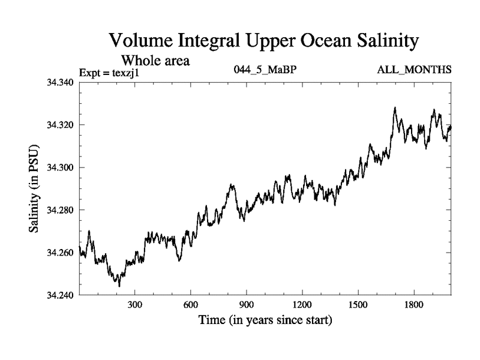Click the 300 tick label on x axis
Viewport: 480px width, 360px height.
click(x=135, y=305)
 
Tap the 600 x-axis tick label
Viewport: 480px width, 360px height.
click(x=191, y=305)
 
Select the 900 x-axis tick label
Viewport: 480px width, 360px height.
click(x=247, y=305)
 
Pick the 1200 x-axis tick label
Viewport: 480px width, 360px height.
click(x=302, y=305)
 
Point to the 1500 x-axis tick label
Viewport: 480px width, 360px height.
click(x=358, y=305)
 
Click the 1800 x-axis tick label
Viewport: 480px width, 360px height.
click(x=413, y=305)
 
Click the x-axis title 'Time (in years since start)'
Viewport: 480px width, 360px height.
click(x=265, y=321)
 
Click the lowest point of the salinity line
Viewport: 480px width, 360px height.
click(x=119, y=286)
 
